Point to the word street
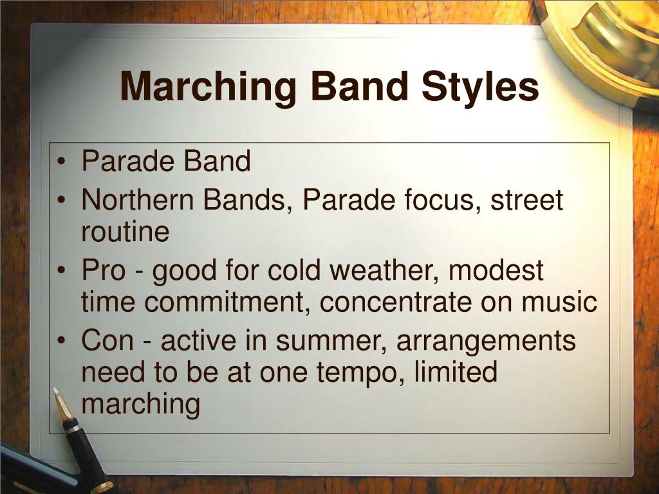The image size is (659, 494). tap(527, 201)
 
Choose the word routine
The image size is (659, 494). tap(125, 232)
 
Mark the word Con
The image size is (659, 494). tap(106, 340)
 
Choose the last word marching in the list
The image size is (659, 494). tap(141, 405)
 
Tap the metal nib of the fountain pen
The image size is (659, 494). tap(62, 405)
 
